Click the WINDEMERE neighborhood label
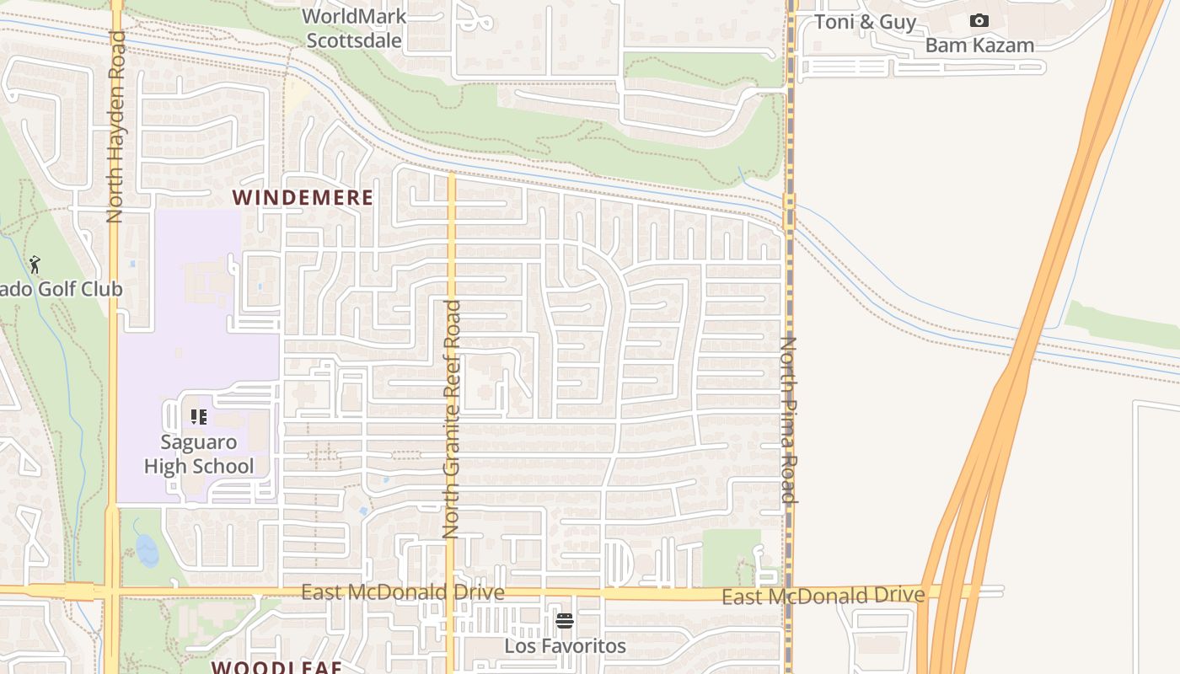(303, 198)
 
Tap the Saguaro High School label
(199, 454)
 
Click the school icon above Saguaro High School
(199, 416)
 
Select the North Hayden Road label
(115, 126)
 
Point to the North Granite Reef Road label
(451, 419)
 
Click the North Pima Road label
(789, 419)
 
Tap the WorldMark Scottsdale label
(354, 28)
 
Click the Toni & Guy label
(865, 22)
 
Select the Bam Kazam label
(979, 45)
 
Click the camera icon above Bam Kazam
(979, 20)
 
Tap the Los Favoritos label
(565, 646)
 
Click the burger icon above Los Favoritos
(565, 622)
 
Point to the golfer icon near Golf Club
(35, 265)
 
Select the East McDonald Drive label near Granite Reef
(403, 592)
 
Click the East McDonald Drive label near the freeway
(823, 596)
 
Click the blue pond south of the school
(147, 549)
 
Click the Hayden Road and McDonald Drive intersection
(112, 591)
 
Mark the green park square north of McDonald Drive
(731, 556)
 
